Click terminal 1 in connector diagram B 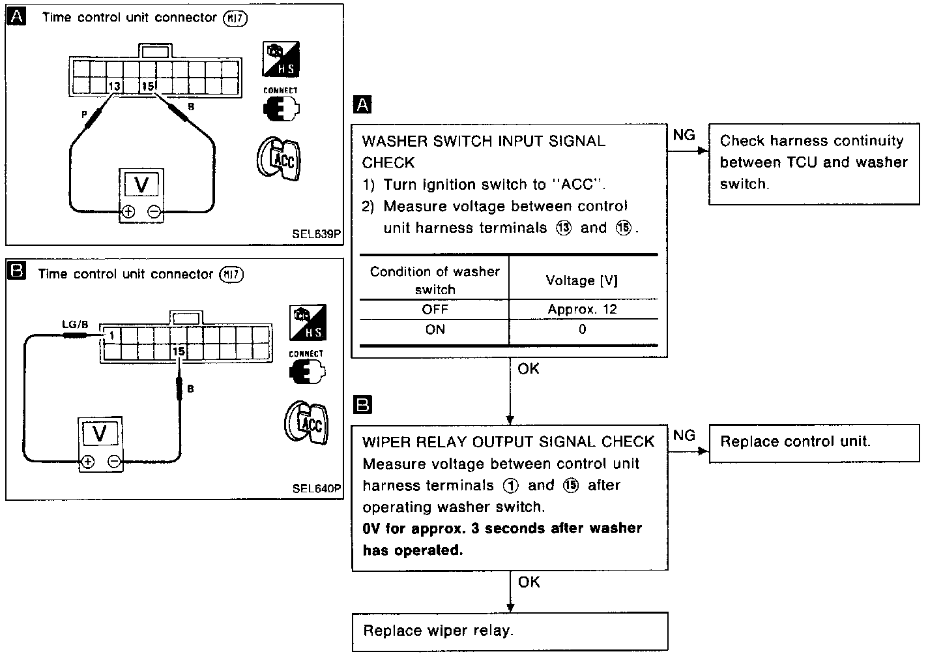pos(112,335)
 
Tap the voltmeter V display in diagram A pos(141,185)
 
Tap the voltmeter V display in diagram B pos(100,433)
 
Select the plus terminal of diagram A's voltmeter pos(128,211)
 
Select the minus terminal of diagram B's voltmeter pos(114,462)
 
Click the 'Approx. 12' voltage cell pos(582,309)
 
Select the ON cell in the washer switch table pos(435,330)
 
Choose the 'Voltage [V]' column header pos(581,280)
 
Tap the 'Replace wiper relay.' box pos(510,631)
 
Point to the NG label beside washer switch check pos(684,135)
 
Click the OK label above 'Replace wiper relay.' pos(529,582)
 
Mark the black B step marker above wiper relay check pos(362,405)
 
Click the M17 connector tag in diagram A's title pos(235,18)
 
